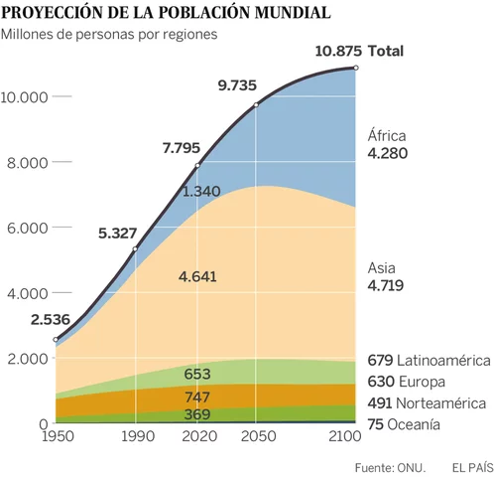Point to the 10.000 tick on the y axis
(x=26, y=97)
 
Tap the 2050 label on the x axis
(x=257, y=436)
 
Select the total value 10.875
(x=337, y=51)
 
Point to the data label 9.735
(x=239, y=86)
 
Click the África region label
(x=387, y=135)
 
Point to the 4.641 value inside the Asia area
(x=199, y=276)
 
